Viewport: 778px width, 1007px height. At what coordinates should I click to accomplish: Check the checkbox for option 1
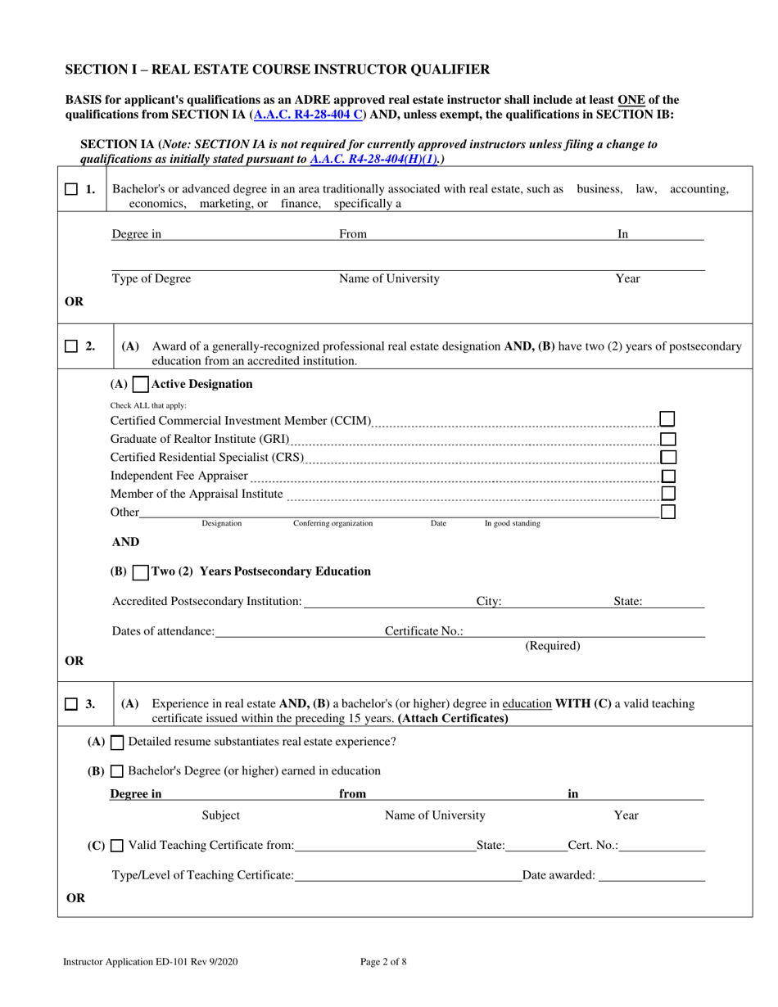coord(71,189)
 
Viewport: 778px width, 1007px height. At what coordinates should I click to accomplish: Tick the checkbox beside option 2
coord(71,346)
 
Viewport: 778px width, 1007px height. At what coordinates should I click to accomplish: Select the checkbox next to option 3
coord(71,704)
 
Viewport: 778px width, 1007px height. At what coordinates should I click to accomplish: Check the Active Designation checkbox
coord(140,384)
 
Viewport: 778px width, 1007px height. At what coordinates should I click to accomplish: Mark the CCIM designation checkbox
coord(667,419)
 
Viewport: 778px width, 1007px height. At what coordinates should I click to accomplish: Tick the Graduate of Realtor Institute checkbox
coord(667,439)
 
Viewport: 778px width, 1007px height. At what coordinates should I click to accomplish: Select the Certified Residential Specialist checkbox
coord(667,457)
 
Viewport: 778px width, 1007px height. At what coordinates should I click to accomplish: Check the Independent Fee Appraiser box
coord(667,476)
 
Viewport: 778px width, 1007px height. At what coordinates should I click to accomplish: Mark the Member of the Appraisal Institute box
coord(667,494)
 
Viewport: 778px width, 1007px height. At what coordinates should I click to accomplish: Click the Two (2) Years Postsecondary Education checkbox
coord(140,571)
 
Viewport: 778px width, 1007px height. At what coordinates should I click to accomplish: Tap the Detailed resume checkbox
coord(117,743)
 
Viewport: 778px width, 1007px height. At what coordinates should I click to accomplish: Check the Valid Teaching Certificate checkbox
coord(117,846)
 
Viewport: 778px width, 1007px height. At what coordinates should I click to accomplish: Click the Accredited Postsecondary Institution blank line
coord(388,602)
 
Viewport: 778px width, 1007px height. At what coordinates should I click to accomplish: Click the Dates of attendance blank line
coord(299,631)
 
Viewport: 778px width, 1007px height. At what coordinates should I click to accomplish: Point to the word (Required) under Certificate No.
coord(552,646)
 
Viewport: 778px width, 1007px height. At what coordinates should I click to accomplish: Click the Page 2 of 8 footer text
coord(383,962)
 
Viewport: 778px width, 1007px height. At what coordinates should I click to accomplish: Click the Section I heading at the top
coord(278,70)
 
